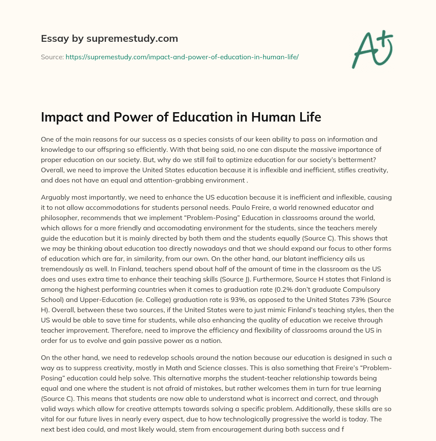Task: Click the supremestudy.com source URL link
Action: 182,57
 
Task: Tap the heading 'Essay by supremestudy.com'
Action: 109,39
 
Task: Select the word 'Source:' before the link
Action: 52,57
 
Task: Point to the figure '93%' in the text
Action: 234,300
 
